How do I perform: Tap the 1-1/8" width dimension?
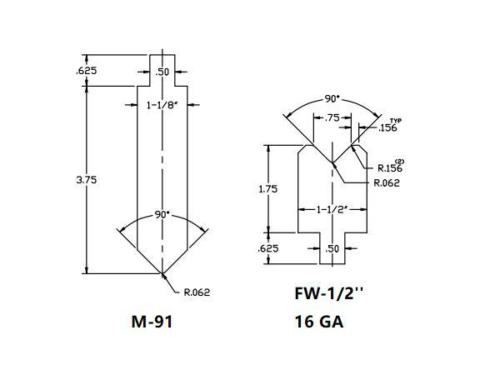coord(162,105)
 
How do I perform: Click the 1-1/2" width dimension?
coord(333,210)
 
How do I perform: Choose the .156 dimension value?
coord(387,128)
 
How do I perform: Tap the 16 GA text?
coord(319,322)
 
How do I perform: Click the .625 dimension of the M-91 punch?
coord(87,71)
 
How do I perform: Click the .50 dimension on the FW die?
coord(333,248)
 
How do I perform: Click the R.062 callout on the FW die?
coord(387,182)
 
